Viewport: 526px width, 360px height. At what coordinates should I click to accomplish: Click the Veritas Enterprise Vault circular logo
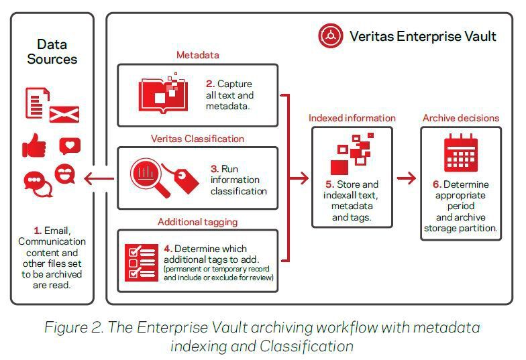tap(331, 36)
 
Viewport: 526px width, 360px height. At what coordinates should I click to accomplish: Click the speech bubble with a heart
tap(70, 145)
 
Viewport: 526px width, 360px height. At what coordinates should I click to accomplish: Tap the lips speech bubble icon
tap(65, 175)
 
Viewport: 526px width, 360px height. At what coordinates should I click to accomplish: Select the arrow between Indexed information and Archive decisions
tap(407, 178)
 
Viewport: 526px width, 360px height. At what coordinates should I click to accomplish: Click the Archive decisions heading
tap(460, 118)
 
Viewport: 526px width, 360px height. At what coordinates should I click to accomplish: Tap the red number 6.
tap(436, 184)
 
